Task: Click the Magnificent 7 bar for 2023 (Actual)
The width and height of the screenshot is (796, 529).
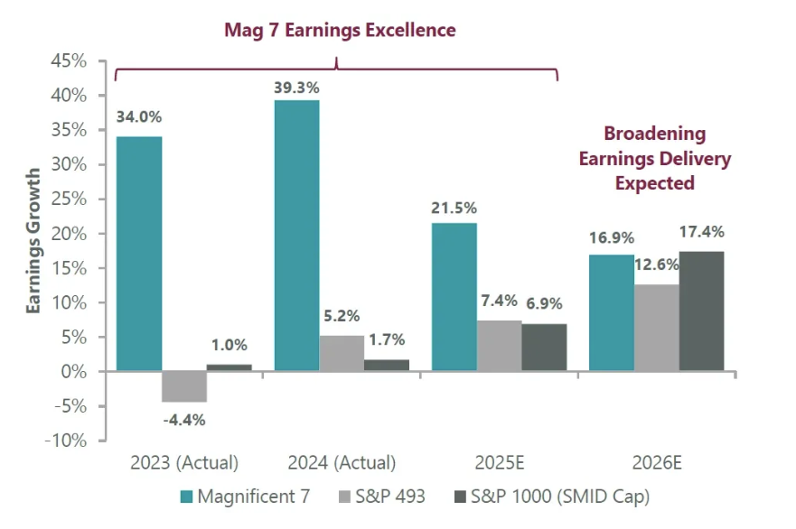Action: (x=139, y=254)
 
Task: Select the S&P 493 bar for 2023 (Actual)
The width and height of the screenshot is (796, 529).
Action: (x=184, y=386)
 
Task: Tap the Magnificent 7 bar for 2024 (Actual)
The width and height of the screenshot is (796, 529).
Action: (x=296, y=236)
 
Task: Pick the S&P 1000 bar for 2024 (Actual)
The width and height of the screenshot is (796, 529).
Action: (x=387, y=366)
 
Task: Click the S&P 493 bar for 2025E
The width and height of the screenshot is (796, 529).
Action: (x=500, y=346)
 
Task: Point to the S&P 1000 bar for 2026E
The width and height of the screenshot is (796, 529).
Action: (x=701, y=311)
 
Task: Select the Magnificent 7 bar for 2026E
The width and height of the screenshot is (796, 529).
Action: (x=612, y=313)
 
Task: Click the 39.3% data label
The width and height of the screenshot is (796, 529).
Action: (x=296, y=88)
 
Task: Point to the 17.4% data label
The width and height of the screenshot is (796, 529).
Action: (x=702, y=232)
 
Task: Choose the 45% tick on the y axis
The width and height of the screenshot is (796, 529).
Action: (x=69, y=61)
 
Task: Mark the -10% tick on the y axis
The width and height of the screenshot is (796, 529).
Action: (x=69, y=441)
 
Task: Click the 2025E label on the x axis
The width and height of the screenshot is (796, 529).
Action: (x=499, y=463)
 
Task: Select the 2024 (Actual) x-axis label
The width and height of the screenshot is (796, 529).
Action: (x=342, y=463)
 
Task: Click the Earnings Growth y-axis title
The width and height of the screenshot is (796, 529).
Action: (x=33, y=240)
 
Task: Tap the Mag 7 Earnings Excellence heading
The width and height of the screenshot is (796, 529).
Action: (x=340, y=30)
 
